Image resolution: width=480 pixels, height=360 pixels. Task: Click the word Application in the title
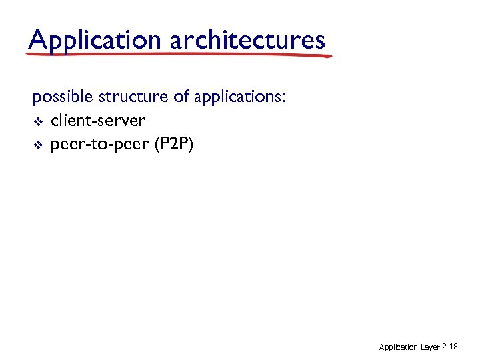[95, 40]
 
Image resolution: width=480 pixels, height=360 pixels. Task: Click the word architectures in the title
[247, 40]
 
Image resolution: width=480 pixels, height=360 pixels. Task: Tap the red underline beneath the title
[180, 55]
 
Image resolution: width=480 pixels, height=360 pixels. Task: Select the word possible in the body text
[63, 97]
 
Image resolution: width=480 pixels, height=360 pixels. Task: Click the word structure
[133, 97]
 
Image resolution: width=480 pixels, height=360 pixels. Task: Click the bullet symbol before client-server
[38, 121]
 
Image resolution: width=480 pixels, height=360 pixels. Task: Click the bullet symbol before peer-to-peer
[38, 145]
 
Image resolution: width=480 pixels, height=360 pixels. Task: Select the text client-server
[97, 121]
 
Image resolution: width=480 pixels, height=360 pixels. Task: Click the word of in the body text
[181, 97]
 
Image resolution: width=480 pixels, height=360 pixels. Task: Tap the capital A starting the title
[37, 39]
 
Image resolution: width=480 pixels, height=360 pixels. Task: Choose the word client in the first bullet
[70, 121]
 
